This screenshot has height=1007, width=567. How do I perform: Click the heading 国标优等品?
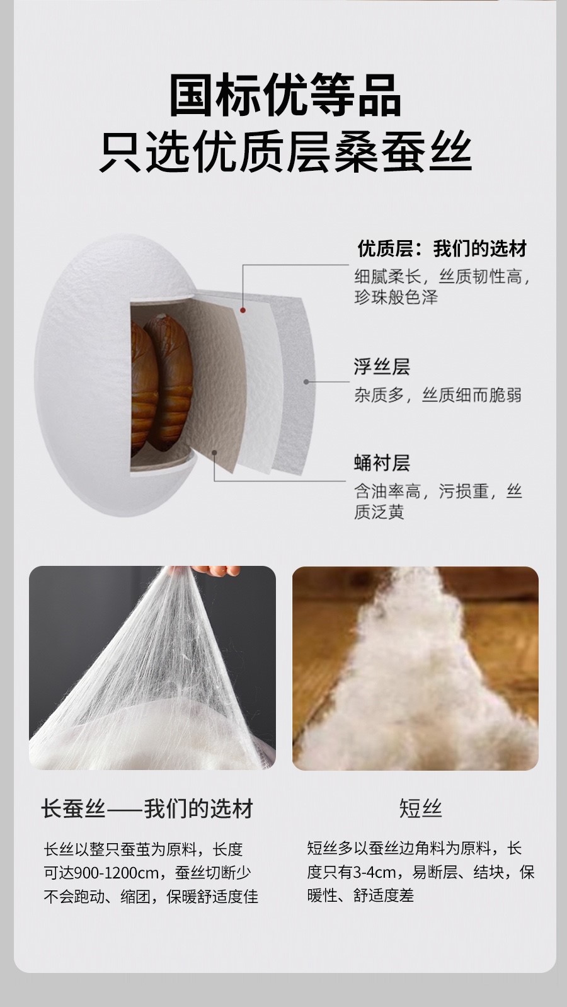[x=285, y=96]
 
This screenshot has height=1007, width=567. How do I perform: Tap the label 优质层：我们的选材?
[x=442, y=249]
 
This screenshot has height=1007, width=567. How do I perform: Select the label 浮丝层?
[x=381, y=367]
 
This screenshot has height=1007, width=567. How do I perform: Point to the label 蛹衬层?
[x=381, y=463]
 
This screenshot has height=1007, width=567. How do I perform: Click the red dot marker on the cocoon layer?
[x=243, y=310]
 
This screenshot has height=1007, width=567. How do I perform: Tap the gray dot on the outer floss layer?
[x=306, y=382]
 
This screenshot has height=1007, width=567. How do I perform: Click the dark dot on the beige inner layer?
[x=215, y=452]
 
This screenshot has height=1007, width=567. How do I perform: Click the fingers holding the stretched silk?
[x=220, y=570]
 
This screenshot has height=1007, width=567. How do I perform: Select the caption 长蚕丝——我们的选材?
[x=147, y=809]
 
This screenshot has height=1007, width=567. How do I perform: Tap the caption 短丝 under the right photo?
[x=421, y=808]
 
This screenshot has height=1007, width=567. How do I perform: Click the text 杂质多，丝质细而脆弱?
[x=437, y=395]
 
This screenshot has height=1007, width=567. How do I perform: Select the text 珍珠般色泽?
[x=396, y=297]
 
